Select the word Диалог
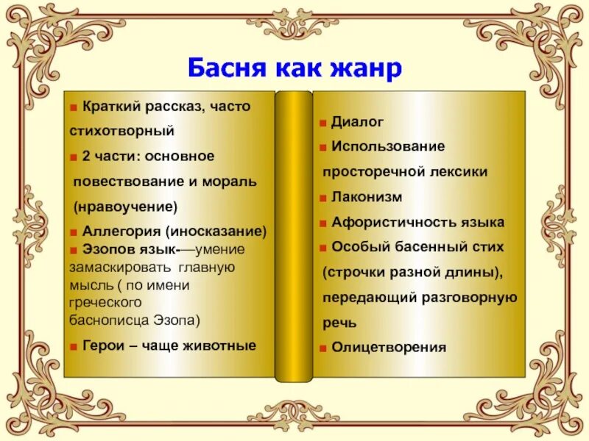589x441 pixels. pyautogui.click(x=358, y=121)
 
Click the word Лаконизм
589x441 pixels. pyautogui.click(x=367, y=197)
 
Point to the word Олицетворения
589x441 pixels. pyautogui.click(x=389, y=347)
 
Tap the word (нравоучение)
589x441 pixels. pyautogui.click(x=126, y=206)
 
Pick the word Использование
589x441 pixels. pyautogui.click(x=388, y=146)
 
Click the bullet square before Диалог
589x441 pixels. pyautogui.click(x=324, y=122)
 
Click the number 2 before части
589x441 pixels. pyautogui.click(x=87, y=156)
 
